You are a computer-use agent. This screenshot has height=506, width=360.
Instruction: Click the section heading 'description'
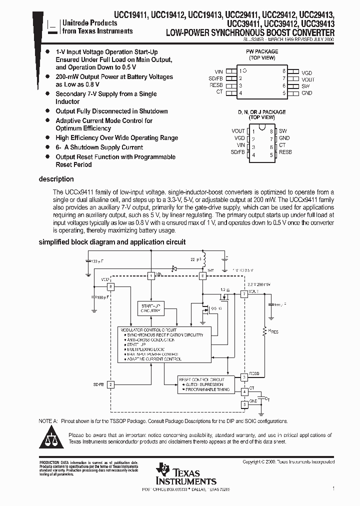click(56, 179)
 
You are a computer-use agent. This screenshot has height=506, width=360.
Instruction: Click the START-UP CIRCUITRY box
click(150, 308)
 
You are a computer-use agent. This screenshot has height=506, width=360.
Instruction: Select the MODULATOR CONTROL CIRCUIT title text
click(148, 330)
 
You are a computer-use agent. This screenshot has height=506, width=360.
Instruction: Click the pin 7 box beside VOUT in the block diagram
click(244, 294)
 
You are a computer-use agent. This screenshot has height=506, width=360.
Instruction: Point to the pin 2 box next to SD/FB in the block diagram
click(111, 384)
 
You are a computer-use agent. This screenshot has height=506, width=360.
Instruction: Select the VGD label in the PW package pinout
click(306, 72)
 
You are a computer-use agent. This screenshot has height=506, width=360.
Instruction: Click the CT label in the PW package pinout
click(219, 92)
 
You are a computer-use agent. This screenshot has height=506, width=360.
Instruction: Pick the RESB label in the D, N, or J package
click(285, 152)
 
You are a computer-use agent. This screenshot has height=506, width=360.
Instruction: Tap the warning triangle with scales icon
click(52, 438)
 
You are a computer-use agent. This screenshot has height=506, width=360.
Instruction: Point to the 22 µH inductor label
click(194, 259)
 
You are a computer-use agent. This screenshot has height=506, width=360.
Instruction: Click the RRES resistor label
click(273, 331)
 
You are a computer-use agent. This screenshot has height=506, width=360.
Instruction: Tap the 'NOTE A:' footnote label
click(48, 421)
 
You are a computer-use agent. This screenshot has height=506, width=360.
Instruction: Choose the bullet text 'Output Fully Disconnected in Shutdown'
click(111, 111)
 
